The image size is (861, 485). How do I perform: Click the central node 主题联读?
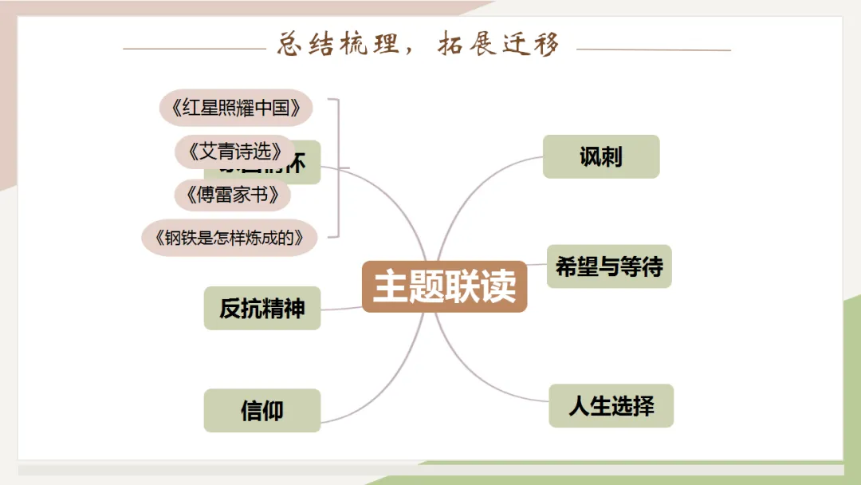[444, 286]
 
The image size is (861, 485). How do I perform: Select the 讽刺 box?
[600, 156]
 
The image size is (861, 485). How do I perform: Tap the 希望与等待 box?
[609, 266]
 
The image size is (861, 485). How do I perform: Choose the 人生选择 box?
[611, 406]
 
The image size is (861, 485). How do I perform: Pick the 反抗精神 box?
[261, 308]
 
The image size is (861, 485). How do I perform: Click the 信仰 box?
[261, 411]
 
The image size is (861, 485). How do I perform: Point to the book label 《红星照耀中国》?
[235, 108]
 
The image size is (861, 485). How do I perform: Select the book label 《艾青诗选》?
[235, 151]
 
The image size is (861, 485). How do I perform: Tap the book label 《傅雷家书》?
[232, 195]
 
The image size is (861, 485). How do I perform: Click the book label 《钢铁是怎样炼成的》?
[230, 238]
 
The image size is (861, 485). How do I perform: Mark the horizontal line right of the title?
[653, 49]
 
